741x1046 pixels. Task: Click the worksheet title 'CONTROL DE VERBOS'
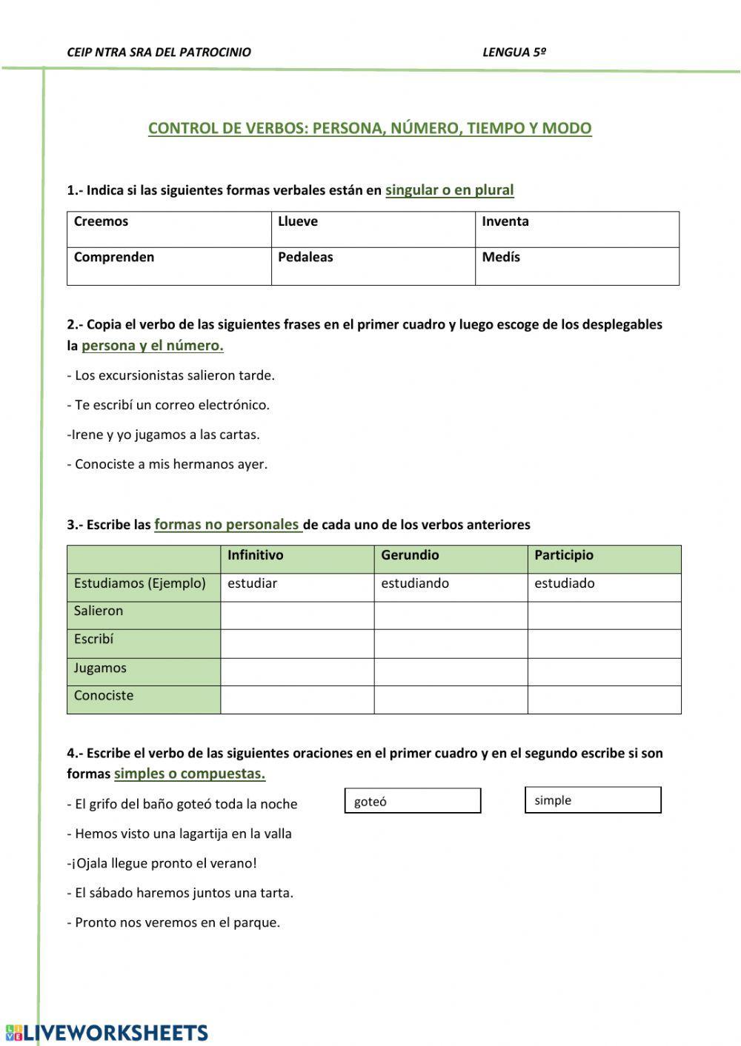click(x=370, y=128)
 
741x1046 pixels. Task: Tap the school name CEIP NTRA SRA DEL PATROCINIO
click(x=159, y=53)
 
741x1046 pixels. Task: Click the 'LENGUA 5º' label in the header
click(x=514, y=53)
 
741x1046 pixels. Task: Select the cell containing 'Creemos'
click(x=169, y=229)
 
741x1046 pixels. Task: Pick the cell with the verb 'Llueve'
click(x=373, y=229)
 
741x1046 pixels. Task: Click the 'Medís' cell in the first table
click(x=576, y=266)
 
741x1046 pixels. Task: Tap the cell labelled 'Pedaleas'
click(x=373, y=266)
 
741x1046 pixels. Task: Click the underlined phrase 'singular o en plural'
click(x=449, y=190)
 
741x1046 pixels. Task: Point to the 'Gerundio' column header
click(x=450, y=555)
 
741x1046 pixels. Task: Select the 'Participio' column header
click(x=603, y=555)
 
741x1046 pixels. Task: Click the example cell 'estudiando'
click(x=450, y=584)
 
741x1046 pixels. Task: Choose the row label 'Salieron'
click(x=143, y=612)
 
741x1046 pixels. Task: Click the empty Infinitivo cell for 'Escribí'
click(x=296, y=643)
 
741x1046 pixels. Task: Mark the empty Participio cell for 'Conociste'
click(x=603, y=700)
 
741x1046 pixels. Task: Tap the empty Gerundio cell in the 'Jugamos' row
click(x=450, y=671)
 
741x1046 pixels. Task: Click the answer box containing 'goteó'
click(x=413, y=801)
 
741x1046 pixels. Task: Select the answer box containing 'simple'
click(x=593, y=800)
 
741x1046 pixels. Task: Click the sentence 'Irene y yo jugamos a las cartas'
click(x=164, y=435)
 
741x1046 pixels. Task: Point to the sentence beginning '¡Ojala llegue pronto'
click(x=162, y=863)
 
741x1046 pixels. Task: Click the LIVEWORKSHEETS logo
click(x=107, y=1033)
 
